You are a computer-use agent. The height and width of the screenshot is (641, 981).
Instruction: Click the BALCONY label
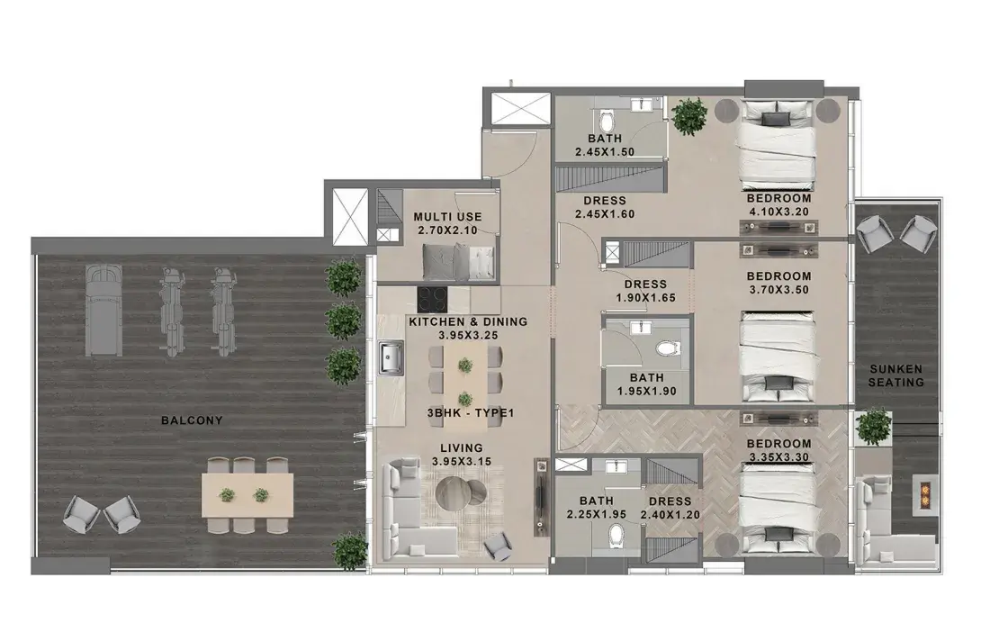[x=192, y=420]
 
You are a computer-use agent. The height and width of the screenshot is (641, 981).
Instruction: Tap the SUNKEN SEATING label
[x=895, y=375]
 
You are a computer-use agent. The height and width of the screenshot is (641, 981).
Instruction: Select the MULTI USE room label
[x=447, y=217]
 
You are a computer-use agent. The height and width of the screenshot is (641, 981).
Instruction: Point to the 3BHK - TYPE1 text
[x=471, y=413]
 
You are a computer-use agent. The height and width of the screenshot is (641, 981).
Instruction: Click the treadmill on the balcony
[x=102, y=310]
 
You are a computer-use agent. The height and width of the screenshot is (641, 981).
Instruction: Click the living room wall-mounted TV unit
[x=540, y=496]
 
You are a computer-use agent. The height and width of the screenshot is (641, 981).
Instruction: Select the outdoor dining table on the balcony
[x=247, y=495]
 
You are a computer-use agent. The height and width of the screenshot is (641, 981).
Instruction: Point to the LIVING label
[x=461, y=448]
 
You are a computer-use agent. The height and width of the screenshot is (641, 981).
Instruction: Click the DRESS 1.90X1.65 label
[x=645, y=291]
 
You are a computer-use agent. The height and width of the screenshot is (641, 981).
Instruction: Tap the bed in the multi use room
[x=459, y=262]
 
